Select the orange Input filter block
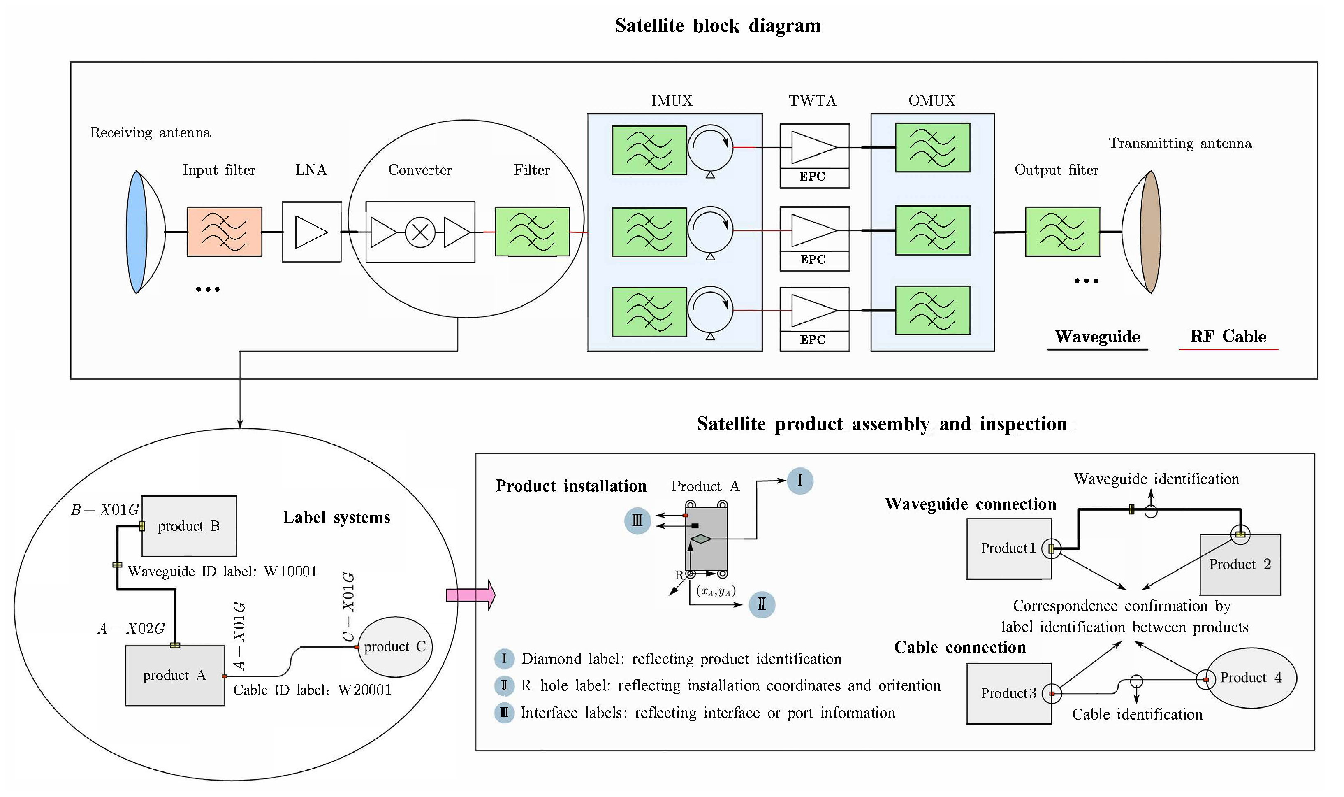(x=225, y=232)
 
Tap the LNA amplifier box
(x=311, y=232)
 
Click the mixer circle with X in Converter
(x=420, y=232)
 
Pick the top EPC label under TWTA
(x=812, y=177)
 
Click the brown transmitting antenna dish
(x=1150, y=232)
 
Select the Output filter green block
(x=1062, y=232)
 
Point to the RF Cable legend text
(x=1228, y=336)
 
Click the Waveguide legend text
(x=1097, y=336)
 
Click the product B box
(x=189, y=526)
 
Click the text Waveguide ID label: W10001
(x=222, y=572)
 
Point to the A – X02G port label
(x=131, y=628)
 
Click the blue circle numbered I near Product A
(x=800, y=480)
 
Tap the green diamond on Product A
(x=700, y=539)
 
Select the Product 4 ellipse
(x=1251, y=678)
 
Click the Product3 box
(x=1008, y=693)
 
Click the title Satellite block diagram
(x=718, y=26)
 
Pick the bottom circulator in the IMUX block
(x=709, y=311)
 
